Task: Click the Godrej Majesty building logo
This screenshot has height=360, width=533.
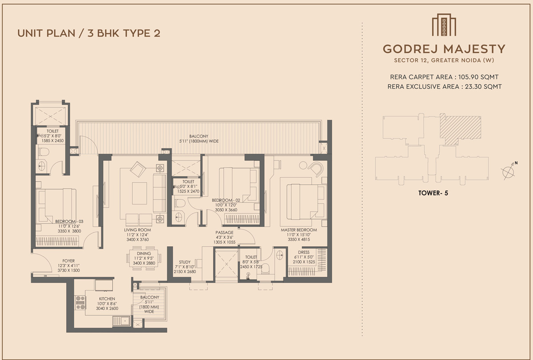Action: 444,25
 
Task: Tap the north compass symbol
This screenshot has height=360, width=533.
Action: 509,171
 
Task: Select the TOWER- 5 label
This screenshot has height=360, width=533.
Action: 433,193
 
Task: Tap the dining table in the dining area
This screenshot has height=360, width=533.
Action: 144,258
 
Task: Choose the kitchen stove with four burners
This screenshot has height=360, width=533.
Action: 80,303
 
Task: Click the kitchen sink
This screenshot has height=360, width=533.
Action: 121,321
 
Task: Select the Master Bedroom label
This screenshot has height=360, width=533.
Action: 299,230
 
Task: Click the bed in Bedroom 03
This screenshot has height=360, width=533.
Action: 56,206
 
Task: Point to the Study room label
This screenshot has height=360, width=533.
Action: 185,262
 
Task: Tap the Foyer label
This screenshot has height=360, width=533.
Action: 68,261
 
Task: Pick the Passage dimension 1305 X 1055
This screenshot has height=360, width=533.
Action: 224,242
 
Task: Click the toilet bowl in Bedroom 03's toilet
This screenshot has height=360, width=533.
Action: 44,152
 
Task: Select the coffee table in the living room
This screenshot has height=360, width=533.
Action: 139,193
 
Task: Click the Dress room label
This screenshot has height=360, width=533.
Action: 304,252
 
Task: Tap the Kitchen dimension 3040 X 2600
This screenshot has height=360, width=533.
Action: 107,308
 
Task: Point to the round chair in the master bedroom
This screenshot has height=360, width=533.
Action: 316,168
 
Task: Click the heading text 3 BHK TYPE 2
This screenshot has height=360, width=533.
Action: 124,33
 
